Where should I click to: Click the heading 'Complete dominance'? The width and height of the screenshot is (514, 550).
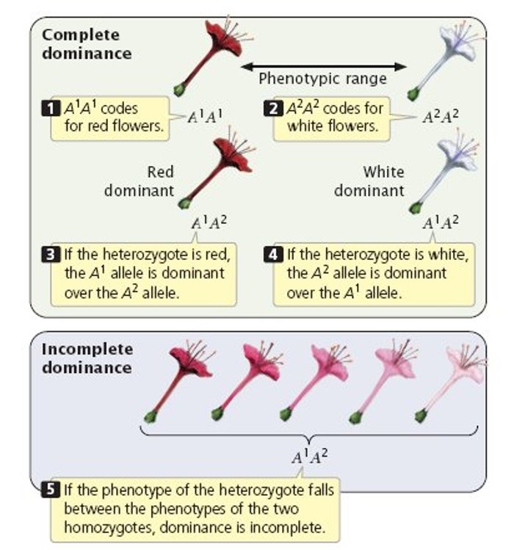[87, 44]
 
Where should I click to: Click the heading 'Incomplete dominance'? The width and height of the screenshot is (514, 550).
[87, 358]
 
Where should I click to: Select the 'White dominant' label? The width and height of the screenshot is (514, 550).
[372, 181]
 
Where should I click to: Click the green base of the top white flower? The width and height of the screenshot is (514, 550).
[413, 93]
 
